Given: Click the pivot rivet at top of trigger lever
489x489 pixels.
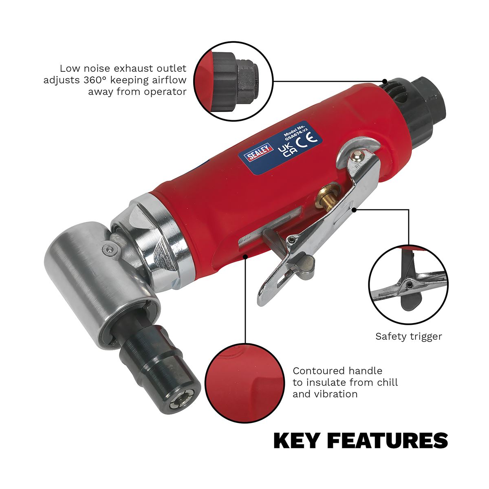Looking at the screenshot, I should coord(357,155).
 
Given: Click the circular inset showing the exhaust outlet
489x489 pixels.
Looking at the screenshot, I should coord(234,81).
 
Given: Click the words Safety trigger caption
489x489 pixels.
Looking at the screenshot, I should coord(408,337).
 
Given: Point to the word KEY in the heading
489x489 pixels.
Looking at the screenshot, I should coord(297,441).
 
